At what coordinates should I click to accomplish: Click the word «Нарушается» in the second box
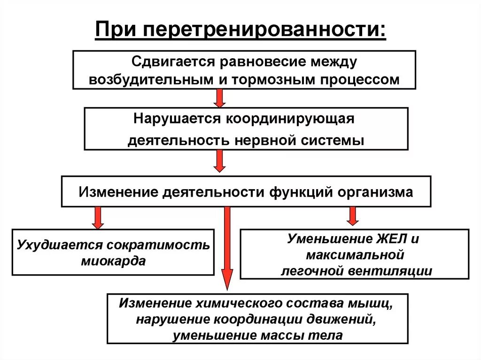tap(177, 119)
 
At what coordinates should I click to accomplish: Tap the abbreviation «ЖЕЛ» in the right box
tap(388, 239)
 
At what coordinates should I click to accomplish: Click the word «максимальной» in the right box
tap(355, 255)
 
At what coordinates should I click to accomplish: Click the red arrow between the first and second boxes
tap(219, 98)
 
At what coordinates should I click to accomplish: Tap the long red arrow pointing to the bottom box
tap(227, 249)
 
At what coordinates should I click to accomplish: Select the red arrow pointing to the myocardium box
tap(98, 217)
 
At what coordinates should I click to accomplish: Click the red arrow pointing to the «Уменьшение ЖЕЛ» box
tap(352, 215)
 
